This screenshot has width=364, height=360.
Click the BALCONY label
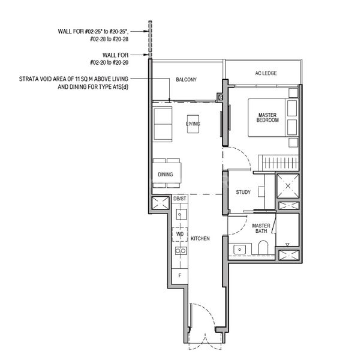click(x=186, y=80)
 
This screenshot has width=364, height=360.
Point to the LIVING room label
click(x=192, y=124)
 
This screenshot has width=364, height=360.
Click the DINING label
click(x=166, y=175)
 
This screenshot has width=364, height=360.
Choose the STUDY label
click(x=243, y=193)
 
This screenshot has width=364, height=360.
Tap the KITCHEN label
click(x=200, y=239)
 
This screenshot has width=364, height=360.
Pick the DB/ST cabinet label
click(x=180, y=199)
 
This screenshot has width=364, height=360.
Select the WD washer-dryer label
click(x=180, y=234)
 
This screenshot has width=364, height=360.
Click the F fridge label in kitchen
click(x=179, y=275)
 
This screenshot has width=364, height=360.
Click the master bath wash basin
click(x=240, y=248)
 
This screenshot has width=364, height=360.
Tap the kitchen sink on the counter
click(x=179, y=214)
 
